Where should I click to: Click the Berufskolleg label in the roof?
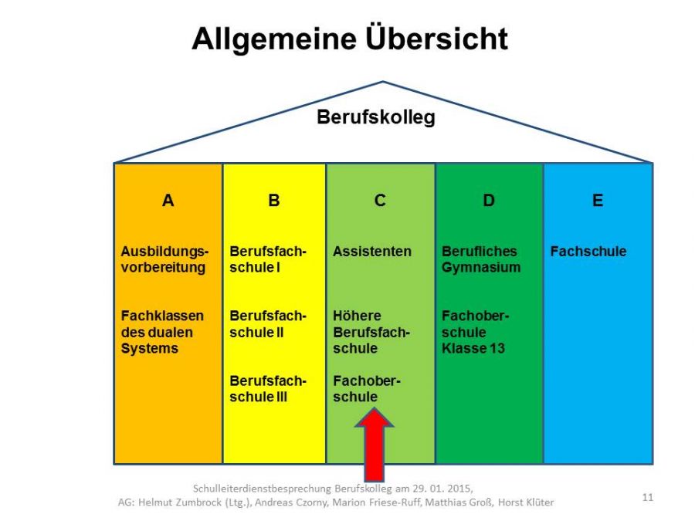point(376,118)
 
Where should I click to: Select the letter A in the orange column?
point(168,201)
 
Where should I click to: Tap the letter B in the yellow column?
point(274,201)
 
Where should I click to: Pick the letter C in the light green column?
point(380,201)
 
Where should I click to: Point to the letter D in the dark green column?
point(489,201)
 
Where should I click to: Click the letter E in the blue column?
point(598,201)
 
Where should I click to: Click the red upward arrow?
point(375,445)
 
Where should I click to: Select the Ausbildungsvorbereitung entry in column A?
point(164,259)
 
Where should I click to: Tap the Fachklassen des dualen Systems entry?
point(162,332)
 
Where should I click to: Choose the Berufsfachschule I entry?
point(268,259)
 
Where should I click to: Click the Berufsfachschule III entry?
point(268,389)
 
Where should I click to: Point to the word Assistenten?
point(372,252)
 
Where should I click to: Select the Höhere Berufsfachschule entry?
point(371,332)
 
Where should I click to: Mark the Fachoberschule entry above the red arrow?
point(367,389)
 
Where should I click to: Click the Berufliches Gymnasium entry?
point(481,259)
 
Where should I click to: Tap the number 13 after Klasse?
point(497,349)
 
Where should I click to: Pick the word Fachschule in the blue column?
point(588,252)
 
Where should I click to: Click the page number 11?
point(648,498)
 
